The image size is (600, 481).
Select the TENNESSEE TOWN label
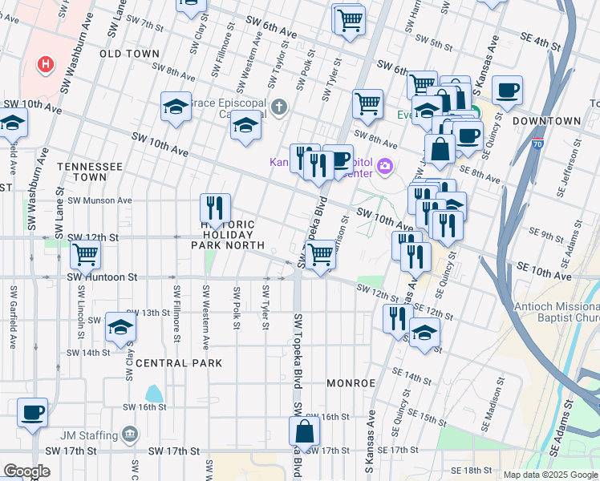pyautogui.click(x=89, y=171)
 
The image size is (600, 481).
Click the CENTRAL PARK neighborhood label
pyautogui.click(x=178, y=363)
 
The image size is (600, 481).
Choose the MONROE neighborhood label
pyautogui.click(x=351, y=383)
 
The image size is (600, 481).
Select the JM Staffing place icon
pyautogui.click(x=130, y=435)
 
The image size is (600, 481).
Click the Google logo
pyautogui.click(x=26, y=471)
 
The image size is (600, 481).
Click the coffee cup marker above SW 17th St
pyautogui.click(x=32, y=413)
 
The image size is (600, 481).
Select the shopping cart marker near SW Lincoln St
pyautogui.click(x=85, y=256)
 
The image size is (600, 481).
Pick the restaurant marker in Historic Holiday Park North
pyautogui.click(x=214, y=208)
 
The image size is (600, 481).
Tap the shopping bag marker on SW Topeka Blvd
pyautogui.click(x=305, y=431)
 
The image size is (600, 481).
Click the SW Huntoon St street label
pyautogui.click(x=102, y=277)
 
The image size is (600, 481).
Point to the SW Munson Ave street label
pyautogui.click(x=99, y=200)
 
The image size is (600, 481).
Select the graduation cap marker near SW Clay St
pyautogui.click(x=120, y=327)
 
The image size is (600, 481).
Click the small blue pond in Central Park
pyautogui.click(x=152, y=393)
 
